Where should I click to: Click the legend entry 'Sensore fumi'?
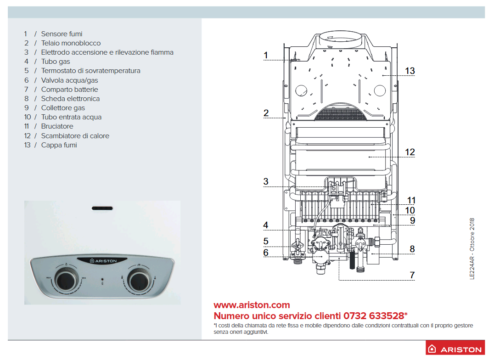pos(62,34)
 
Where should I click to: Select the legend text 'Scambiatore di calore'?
pos(75,136)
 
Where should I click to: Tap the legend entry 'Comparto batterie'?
pos(70,90)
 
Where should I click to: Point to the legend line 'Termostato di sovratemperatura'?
pos(91,71)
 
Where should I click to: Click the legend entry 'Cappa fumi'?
pos(59,145)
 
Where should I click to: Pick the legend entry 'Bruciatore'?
pos(57,126)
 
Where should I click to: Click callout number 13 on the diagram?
pos(410,71)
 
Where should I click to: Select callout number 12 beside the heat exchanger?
pos(410,152)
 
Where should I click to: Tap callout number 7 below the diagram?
pos(412,275)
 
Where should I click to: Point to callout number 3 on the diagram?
pos(266,181)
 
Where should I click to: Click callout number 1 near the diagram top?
pos(265,56)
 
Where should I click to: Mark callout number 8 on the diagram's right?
pos(412,249)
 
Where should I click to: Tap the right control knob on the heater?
pos(139,280)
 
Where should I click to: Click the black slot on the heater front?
pos(102,208)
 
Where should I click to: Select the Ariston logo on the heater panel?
pos(103,261)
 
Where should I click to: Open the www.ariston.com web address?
pos(252,305)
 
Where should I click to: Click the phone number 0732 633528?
pos(374,316)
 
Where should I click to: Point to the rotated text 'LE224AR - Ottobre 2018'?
pos(472,248)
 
